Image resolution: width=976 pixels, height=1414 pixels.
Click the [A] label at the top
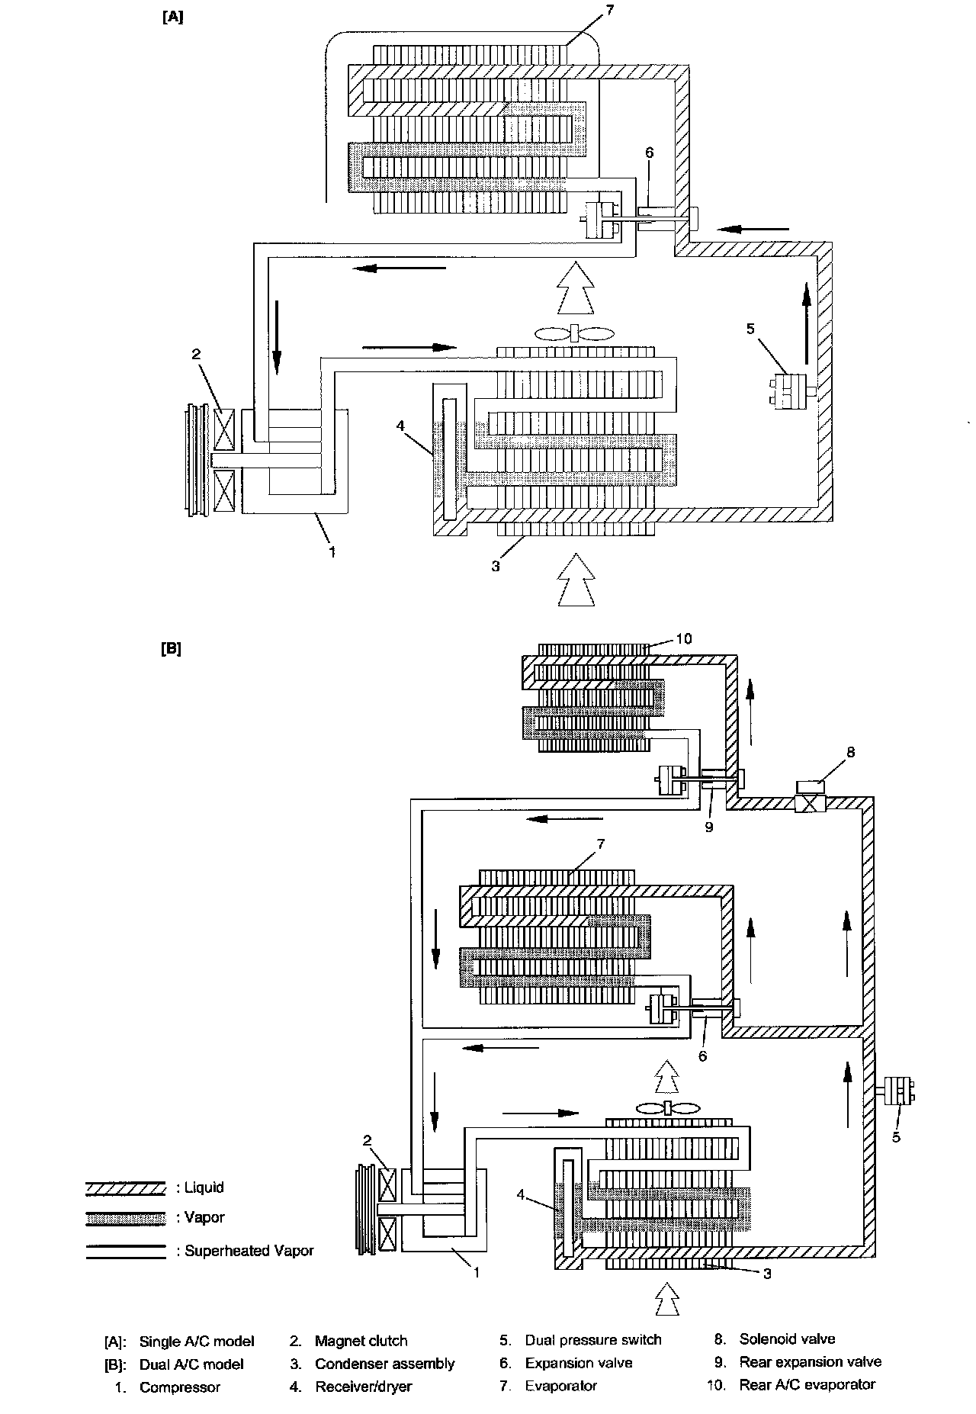(173, 17)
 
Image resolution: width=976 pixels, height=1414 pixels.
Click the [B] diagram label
(172, 649)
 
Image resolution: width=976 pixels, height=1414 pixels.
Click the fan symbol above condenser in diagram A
(573, 333)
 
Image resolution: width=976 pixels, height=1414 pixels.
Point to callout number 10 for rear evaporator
(684, 638)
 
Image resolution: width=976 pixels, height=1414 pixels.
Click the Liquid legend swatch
(125, 1187)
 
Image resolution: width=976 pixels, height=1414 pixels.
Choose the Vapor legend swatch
(125, 1218)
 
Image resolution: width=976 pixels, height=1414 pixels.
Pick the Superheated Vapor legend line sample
(125, 1251)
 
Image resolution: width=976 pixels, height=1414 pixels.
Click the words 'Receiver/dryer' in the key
(363, 1386)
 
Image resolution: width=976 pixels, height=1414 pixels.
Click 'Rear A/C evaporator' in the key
(807, 1384)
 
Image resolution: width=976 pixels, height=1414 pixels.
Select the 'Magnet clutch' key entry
(361, 1340)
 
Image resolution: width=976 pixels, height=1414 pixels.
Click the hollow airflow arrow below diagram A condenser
(576, 580)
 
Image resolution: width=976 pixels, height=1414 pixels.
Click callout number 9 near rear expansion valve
(709, 827)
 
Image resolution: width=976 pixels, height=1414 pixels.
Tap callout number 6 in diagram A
(649, 153)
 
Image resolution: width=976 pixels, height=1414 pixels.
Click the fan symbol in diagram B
(667, 1109)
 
